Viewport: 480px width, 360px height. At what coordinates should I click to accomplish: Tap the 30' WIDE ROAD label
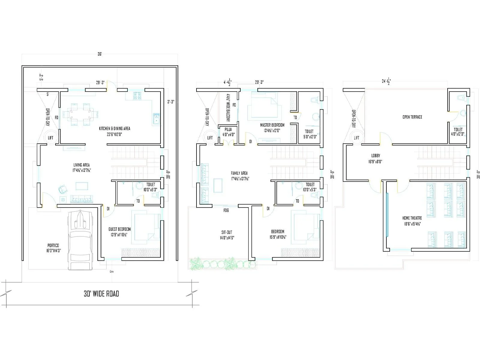click(x=101, y=294)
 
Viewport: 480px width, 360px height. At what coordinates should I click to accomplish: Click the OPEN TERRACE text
click(x=412, y=117)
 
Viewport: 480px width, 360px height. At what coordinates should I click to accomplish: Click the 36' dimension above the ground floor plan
click(x=100, y=54)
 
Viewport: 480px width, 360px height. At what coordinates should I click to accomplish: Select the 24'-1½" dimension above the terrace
click(x=386, y=81)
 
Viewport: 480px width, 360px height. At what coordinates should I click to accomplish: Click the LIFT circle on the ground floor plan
click(x=50, y=138)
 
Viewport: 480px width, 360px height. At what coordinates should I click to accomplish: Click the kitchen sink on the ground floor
click(x=156, y=119)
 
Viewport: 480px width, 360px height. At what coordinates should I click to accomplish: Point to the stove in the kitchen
click(x=138, y=96)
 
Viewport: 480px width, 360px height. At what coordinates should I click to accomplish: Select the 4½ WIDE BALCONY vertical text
click(x=228, y=107)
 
